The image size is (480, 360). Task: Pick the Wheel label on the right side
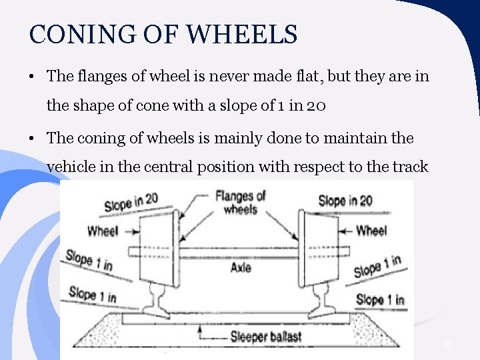(371, 231)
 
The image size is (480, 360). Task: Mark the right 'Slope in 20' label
(346, 200)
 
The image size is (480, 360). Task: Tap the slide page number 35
(447, 344)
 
